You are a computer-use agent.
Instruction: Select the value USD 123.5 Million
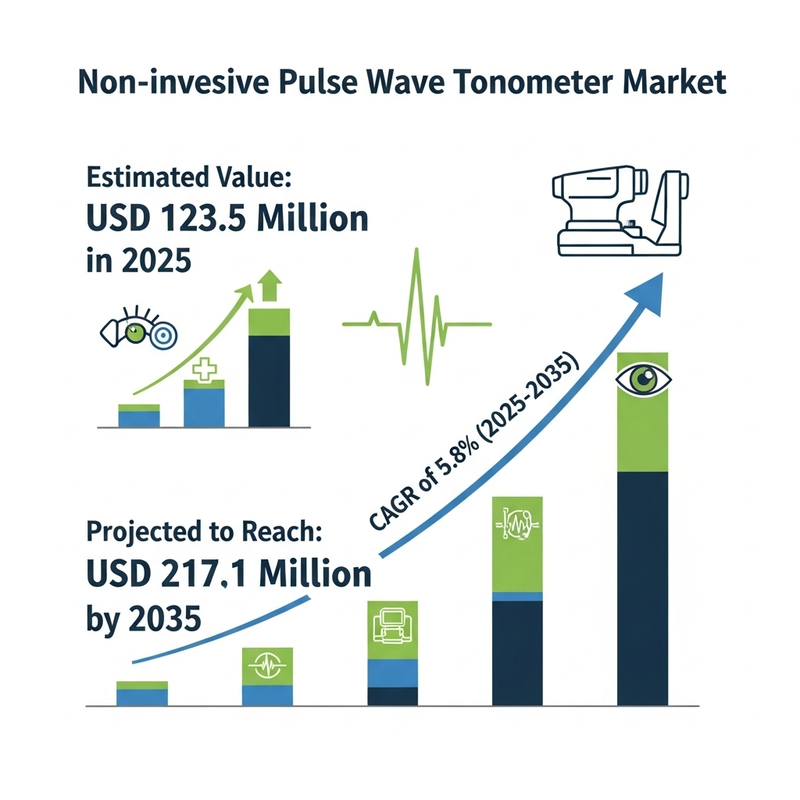(x=227, y=219)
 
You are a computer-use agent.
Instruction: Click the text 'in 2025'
(x=139, y=260)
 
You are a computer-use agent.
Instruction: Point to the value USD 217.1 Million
(x=229, y=573)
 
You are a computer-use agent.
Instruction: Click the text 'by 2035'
(x=144, y=620)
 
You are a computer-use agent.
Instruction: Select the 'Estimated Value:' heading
(x=189, y=177)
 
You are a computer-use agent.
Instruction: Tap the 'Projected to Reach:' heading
(x=204, y=531)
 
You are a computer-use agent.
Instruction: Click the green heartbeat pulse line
(x=417, y=317)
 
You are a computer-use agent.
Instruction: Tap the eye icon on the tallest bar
(x=643, y=380)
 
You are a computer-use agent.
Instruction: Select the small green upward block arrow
(x=270, y=286)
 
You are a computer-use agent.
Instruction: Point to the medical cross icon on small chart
(x=204, y=370)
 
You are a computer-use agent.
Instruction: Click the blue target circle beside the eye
(x=163, y=335)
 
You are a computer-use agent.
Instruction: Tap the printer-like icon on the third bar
(x=392, y=625)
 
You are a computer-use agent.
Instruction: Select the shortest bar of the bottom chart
(x=142, y=694)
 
